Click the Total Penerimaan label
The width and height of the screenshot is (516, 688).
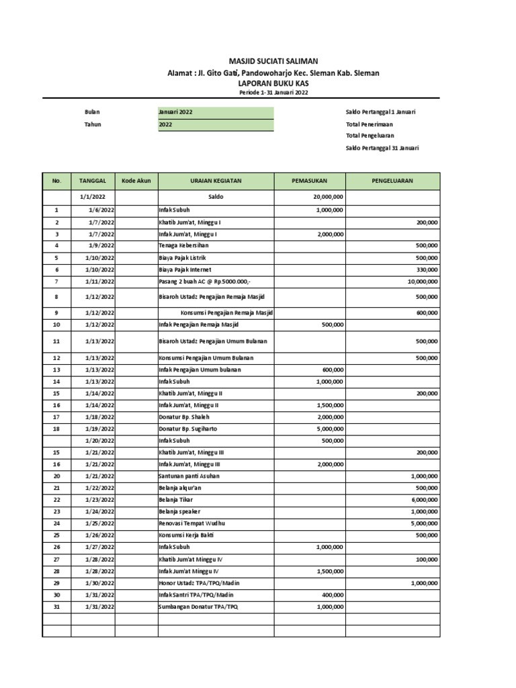tap(369, 124)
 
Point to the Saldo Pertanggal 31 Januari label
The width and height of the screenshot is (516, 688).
tap(382, 147)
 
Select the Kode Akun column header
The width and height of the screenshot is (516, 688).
tap(136, 181)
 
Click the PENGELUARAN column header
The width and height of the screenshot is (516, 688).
tap(393, 181)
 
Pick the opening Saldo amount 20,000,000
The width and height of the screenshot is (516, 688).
tap(329, 198)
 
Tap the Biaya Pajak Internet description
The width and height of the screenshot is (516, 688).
tap(185, 269)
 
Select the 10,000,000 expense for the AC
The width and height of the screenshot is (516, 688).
tap(422, 282)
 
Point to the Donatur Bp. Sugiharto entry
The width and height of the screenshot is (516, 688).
tap(188, 429)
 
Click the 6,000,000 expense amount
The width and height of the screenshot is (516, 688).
tap(424, 499)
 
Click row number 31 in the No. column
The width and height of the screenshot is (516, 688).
tap(56, 607)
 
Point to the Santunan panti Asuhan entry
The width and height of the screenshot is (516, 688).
tap(189, 476)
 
